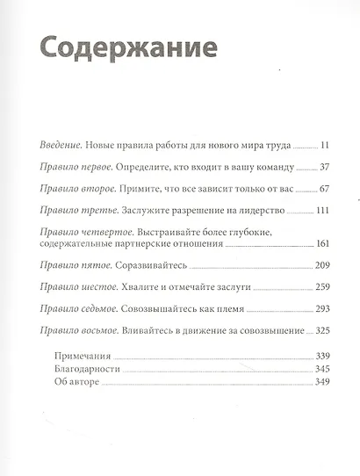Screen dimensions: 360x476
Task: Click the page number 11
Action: pyautogui.click(x=323, y=143)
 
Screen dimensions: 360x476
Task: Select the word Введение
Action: pyautogui.click(x=66, y=143)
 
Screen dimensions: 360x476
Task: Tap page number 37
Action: pyautogui.click(x=322, y=166)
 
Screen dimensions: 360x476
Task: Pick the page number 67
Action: pyautogui.click(x=322, y=189)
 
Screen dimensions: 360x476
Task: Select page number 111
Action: pyautogui.click(x=320, y=212)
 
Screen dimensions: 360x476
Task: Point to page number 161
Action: pyautogui.click(x=320, y=245)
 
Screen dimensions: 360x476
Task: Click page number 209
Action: pyautogui.click(x=320, y=266)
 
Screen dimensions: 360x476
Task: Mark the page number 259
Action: pyautogui.click(x=320, y=288)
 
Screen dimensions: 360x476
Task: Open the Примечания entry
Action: pyautogui.click(x=79, y=357)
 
